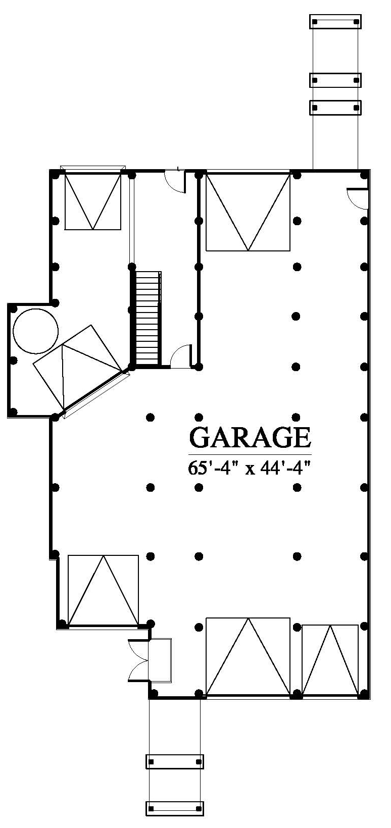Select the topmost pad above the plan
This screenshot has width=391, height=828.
click(335, 21)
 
